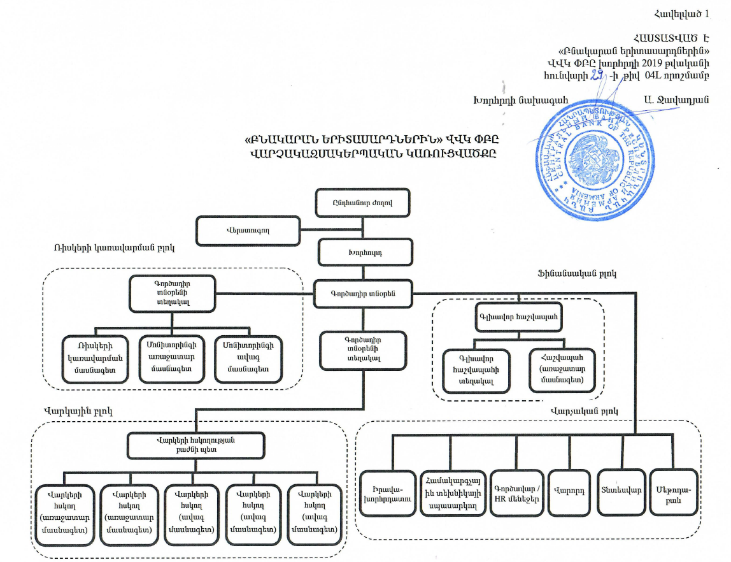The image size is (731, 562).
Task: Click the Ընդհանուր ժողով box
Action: pyautogui.click(x=362, y=203)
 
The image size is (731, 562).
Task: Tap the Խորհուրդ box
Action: pyautogui.click(x=362, y=252)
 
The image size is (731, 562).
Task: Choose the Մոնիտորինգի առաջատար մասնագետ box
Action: pyautogui.click(x=171, y=359)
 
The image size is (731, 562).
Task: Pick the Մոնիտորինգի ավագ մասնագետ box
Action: pyautogui.click(x=248, y=359)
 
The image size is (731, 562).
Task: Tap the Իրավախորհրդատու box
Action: pyautogui.click(x=388, y=493)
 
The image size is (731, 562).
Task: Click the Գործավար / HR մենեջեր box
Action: pyautogui.click(x=516, y=493)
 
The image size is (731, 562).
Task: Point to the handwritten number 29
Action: pyautogui.click(x=595, y=76)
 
